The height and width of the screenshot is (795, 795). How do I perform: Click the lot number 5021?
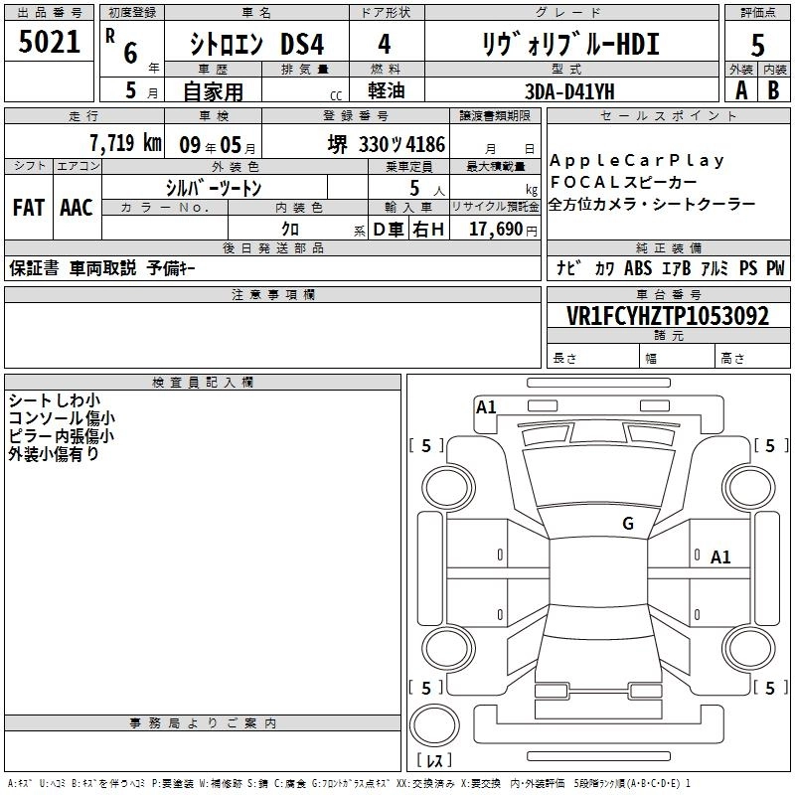49,42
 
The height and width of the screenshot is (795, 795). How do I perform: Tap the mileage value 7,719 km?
125,143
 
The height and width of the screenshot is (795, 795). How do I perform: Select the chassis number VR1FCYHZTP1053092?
668,316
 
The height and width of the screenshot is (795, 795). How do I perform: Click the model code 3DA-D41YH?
569,91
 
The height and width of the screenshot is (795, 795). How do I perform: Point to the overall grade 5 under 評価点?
757,45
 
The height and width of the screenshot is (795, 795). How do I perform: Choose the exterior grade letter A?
741,90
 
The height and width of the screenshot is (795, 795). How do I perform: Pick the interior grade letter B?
773,90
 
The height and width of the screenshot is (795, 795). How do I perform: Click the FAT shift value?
29,208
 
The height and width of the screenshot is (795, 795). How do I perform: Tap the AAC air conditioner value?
77,208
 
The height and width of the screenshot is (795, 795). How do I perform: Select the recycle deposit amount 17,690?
496,229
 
